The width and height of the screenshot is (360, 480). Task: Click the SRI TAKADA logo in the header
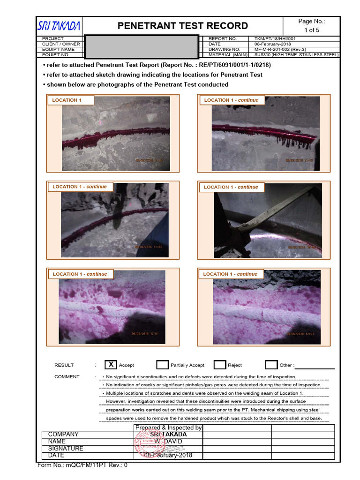click(x=60, y=26)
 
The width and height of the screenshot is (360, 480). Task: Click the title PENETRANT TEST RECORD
click(x=183, y=26)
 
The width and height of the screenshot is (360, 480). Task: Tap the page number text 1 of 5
click(x=312, y=30)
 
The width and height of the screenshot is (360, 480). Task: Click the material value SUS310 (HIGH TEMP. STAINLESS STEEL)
click(x=296, y=55)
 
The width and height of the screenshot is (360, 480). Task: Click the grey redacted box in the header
click(x=141, y=46)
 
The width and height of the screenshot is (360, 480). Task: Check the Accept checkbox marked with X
click(x=111, y=365)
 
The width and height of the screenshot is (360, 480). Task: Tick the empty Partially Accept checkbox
click(x=163, y=365)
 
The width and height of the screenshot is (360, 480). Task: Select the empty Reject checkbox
click(x=220, y=365)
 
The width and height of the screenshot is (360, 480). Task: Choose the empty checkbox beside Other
click(x=271, y=365)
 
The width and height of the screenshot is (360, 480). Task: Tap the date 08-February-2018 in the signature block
click(x=167, y=456)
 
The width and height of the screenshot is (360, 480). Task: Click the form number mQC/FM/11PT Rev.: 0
click(x=82, y=465)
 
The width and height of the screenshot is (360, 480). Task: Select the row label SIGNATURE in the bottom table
click(x=66, y=449)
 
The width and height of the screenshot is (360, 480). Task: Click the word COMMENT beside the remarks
click(x=67, y=377)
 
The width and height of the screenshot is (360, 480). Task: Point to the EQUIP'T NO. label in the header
click(x=56, y=55)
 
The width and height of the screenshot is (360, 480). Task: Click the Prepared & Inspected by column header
click(x=168, y=427)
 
